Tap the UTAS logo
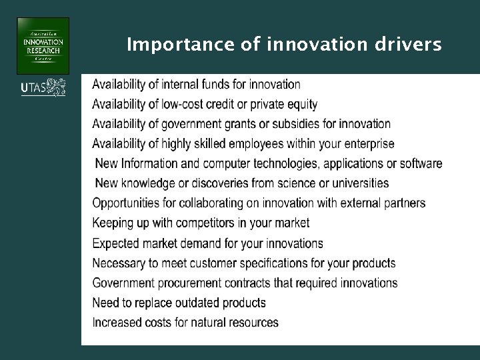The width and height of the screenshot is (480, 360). coord(43,87)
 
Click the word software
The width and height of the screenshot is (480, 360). coord(419,163)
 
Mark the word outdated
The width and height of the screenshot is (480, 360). coord(198,303)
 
